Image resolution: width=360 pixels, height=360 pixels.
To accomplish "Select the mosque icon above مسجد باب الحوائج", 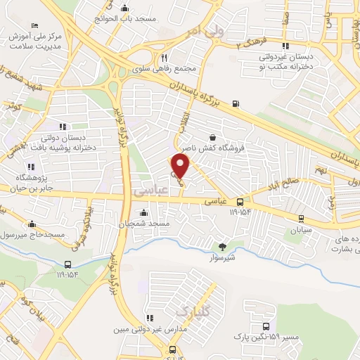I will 124,8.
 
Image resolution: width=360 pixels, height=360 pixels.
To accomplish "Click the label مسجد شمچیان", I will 143,223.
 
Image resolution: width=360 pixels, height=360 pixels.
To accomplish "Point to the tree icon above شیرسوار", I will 223,246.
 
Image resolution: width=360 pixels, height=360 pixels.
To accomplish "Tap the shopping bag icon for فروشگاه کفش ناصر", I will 212,138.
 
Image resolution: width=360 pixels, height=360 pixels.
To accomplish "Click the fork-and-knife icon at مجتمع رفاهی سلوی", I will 163,58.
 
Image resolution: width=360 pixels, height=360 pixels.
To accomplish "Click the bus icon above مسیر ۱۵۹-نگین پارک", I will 265,326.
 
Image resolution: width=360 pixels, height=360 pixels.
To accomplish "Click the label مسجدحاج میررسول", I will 35,233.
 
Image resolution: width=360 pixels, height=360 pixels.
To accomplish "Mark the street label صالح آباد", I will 281,187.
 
